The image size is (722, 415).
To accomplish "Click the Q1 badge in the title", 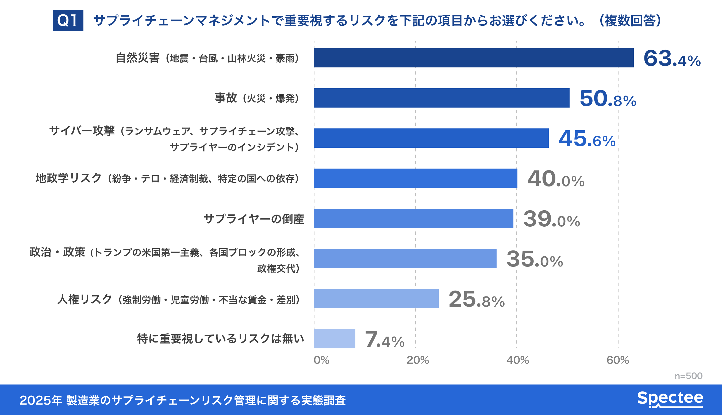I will point(68,21).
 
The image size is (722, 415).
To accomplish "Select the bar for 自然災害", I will point(473,58).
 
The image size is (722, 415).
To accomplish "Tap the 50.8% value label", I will point(608,99).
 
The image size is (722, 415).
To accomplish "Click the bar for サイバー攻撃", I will point(431,138).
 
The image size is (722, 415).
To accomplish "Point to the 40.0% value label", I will point(556,179).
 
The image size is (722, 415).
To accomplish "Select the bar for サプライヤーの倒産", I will point(413,218).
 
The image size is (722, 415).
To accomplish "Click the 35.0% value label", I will point(535,259).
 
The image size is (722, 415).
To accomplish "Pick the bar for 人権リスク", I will point(376,299).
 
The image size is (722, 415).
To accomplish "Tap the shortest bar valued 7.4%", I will point(334,339).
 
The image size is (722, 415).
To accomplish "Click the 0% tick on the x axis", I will point(321,360).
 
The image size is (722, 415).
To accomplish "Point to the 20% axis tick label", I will point(417,360).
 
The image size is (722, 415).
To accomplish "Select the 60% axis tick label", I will point(617,360).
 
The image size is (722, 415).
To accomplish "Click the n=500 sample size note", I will point(688,376).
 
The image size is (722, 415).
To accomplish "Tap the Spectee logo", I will point(670,399).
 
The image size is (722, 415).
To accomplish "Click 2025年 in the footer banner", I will point(40,401).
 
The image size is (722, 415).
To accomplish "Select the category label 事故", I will point(226,98).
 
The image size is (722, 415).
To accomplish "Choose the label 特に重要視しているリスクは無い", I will point(221,339).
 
